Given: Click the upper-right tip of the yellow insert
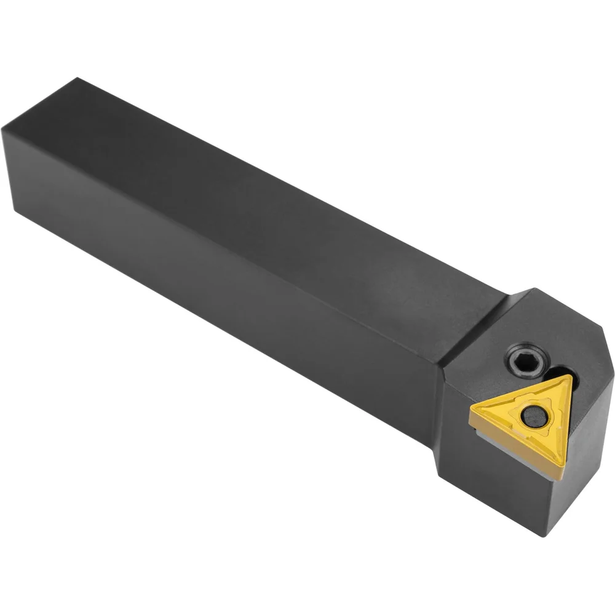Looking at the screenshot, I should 570,379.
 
